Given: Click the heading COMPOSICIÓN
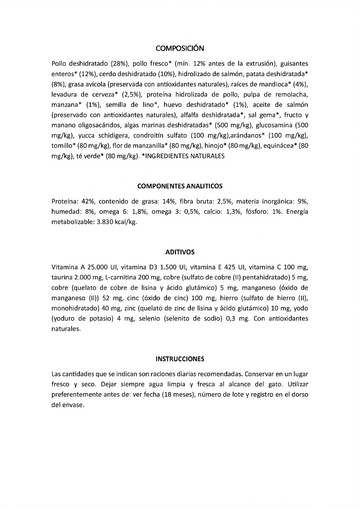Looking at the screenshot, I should pos(180,48).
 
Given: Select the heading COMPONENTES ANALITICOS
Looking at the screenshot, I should pos(180,186).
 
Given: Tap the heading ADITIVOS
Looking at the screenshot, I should pos(180,252).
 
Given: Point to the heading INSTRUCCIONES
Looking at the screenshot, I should pos(180,358).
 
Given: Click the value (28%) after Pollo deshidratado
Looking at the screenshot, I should pos(120,64).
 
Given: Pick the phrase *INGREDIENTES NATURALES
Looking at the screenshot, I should pos(183,156).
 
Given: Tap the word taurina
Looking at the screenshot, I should pos(61,277).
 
